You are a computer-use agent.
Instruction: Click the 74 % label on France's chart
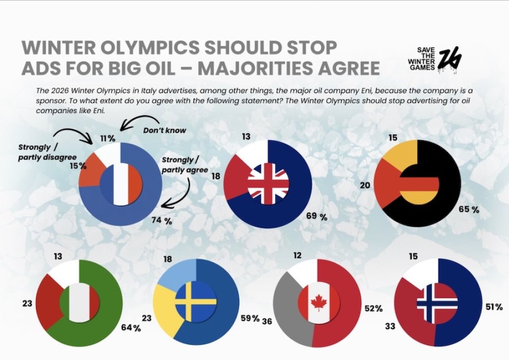click(161, 220)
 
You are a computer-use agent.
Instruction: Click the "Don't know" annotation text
click(165, 130)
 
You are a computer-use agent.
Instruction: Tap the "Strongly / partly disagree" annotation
click(41, 152)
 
